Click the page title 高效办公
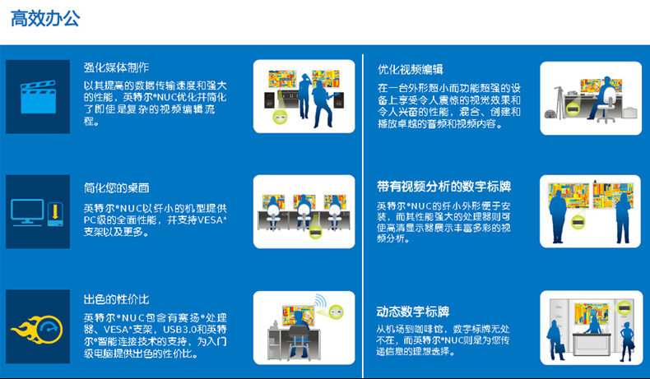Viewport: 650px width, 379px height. (x=45, y=19)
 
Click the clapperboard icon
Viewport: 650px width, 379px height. (x=38, y=97)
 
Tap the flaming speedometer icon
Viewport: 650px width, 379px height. (x=37, y=330)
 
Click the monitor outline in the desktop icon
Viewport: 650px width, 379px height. (x=27, y=212)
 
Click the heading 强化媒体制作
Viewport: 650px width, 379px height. (x=116, y=67)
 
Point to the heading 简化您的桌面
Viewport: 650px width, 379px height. (x=116, y=187)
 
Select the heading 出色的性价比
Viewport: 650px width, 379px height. (x=116, y=299)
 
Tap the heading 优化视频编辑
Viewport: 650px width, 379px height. (x=411, y=69)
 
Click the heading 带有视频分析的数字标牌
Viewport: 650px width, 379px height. (x=443, y=187)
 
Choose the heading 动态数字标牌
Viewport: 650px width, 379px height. (x=413, y=312)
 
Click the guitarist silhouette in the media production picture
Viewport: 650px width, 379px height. (x=322, y=104)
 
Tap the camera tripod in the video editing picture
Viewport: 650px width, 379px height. (x=559, y=101)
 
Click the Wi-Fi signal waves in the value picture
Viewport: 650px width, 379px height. (x=320, y=301)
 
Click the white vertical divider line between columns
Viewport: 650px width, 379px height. (x=363, y=215)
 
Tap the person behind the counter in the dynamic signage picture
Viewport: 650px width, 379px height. (x=592, y=324)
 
